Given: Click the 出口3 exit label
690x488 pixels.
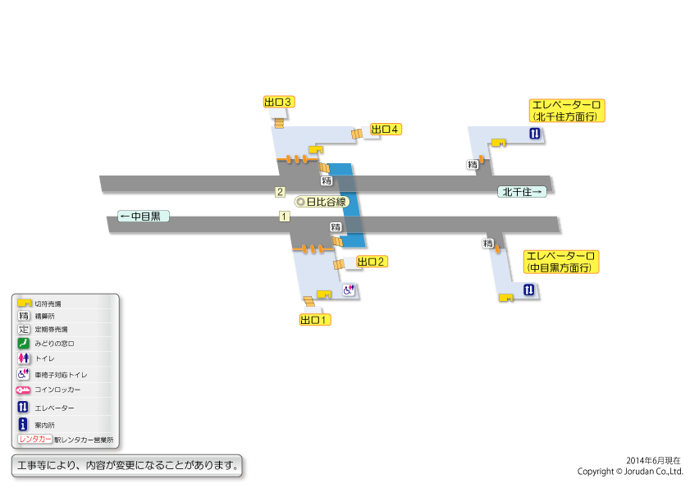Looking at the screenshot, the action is tap(279, 102).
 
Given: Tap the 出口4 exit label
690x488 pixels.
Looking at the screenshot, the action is tap(386, 130).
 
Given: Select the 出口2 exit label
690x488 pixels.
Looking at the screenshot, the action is tap(372, 262).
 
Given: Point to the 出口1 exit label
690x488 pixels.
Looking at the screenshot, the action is tap(314, 320).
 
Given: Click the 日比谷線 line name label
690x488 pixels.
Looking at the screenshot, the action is tap(322, 202).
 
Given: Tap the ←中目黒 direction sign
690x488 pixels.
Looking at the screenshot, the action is tap(144, 216).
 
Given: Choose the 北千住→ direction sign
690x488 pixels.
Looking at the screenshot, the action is tap(522, 192).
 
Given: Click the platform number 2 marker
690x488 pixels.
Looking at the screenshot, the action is tap(280, 192).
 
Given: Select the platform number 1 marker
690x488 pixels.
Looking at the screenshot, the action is tap(284, 217).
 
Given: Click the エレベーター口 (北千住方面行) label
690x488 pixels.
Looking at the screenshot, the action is tap(567, 111).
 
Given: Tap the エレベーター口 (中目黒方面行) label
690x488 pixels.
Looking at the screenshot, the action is tap(561, 262).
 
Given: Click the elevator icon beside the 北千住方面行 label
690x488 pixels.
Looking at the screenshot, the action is tap(535, 134).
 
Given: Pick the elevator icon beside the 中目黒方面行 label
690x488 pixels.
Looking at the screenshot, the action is tap(529, 290).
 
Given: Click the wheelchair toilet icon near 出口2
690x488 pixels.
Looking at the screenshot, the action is tap(349, 290).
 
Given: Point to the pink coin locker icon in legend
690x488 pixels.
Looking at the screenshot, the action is tap(23, 390).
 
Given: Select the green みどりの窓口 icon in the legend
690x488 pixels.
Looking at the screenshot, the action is tap(23, 343).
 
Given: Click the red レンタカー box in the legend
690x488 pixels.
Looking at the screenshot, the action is tap(34, 439).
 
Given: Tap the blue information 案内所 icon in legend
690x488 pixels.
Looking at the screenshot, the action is tap(23, 424).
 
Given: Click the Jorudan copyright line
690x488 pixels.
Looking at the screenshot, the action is tap(630, 472).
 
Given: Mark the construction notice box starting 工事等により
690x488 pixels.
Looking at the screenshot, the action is tap(126, 466).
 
